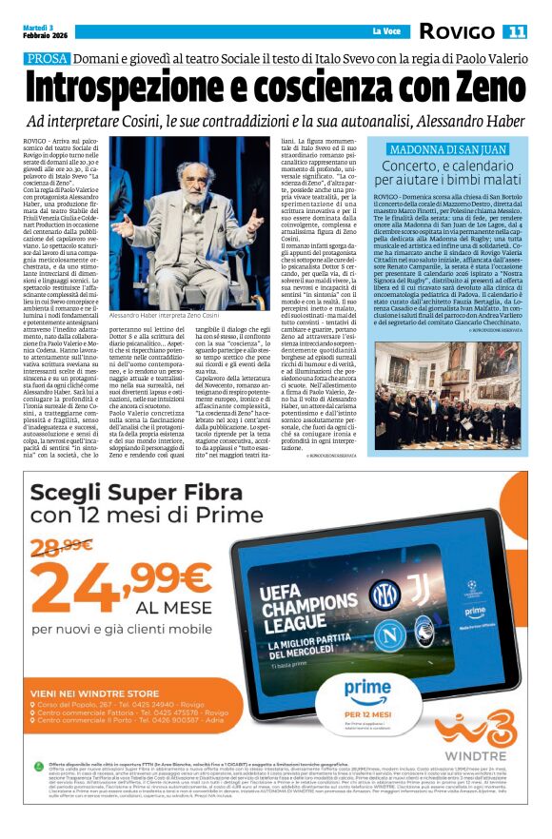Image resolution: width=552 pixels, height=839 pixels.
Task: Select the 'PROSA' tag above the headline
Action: click(48, 59)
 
